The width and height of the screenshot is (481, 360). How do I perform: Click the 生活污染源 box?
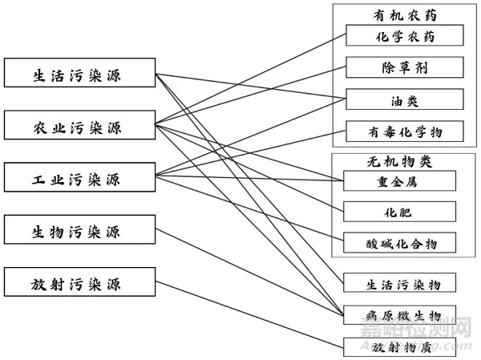(79, 75)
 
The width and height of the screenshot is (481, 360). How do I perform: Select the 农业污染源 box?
(79, 125)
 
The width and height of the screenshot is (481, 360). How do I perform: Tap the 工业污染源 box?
(79, 176)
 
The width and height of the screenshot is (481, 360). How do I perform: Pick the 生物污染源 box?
(79, 232)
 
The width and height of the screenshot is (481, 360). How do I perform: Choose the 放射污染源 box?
(79, 283)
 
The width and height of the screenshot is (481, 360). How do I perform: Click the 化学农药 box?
(405, 36)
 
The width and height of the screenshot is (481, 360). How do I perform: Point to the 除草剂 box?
(405, 67)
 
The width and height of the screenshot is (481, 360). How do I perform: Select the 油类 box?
(405, 100)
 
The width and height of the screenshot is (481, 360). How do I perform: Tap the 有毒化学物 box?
(405, 131)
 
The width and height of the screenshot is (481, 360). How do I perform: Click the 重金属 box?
(399, 181)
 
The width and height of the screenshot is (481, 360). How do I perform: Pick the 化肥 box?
(399, 212)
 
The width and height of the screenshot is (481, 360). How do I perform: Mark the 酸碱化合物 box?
(399, 242)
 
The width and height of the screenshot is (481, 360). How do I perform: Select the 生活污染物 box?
(404, 283)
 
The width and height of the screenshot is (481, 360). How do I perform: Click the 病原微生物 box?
(404, 314)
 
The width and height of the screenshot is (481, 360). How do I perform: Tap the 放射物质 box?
(404, 346)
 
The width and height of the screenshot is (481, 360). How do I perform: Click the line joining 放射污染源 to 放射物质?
(249, 315)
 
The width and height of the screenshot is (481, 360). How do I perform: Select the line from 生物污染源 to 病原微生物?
(249, 273)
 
